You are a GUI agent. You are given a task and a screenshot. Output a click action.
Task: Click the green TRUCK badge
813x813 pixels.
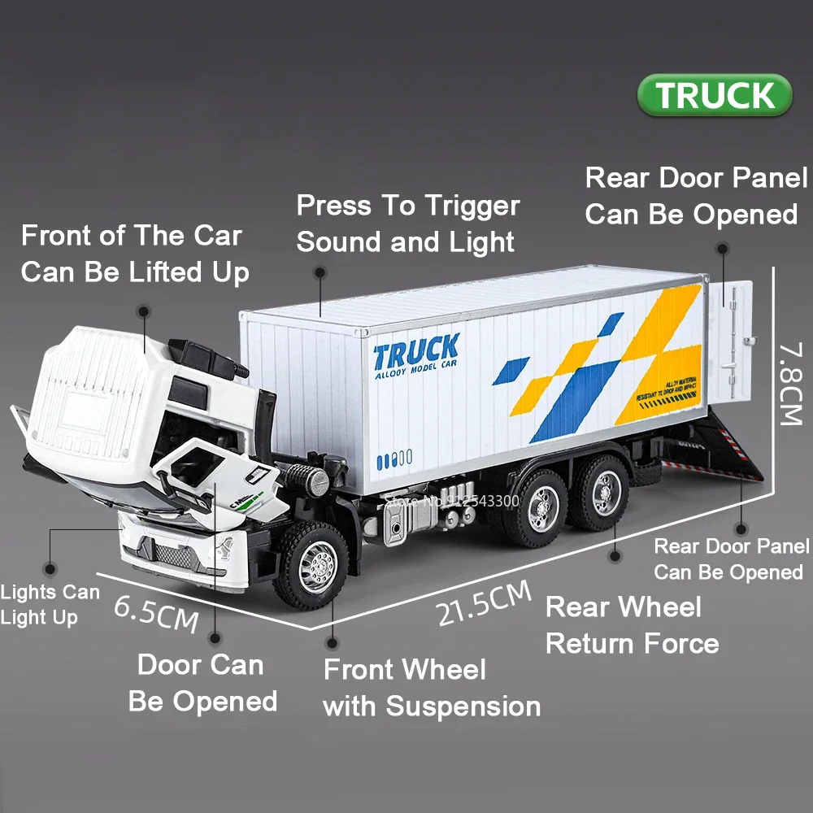(715, 95)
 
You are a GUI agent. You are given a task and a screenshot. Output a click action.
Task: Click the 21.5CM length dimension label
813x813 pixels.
(483, 602)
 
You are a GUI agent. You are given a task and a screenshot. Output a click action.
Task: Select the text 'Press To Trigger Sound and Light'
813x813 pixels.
(407, 224)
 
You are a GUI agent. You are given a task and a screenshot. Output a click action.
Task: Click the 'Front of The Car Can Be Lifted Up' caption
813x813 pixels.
(134, 254)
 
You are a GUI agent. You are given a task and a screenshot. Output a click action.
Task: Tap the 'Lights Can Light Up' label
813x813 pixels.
(49, 605)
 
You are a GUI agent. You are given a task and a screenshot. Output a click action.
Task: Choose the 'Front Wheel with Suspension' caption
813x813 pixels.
(431, 688)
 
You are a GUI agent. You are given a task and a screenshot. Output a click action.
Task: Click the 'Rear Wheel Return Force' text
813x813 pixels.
(632, 625)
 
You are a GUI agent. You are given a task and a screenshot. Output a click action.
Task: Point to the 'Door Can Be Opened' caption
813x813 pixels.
(202, 683)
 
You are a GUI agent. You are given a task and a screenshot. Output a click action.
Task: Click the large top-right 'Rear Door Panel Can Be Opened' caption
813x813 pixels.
(696, 196)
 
